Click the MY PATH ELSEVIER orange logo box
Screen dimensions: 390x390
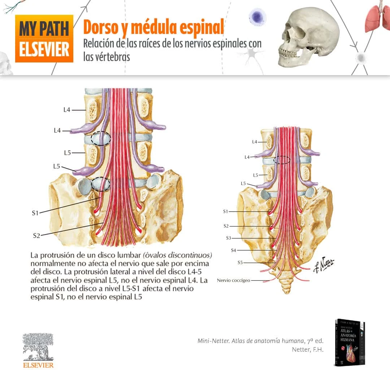click(x=44, y=39)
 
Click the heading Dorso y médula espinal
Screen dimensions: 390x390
click(x=153, y=27)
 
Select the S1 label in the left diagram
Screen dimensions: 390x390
click(x=35, y=213)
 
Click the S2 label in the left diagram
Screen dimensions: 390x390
click(x=36, y=236)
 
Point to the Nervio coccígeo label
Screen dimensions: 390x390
click(x=233, y=280)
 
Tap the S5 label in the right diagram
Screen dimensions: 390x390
click(x=240, y=263)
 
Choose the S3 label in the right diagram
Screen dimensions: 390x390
click(x=228, y=238)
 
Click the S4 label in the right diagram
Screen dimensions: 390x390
click(x=234, y=250)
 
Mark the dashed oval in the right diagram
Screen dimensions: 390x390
click(x=282, y=160)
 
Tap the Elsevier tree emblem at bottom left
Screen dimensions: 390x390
click(x=38, y=347)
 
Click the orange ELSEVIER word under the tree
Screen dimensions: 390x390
click(x=38, y=365)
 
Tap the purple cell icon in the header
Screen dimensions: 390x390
click(x=257, y=17)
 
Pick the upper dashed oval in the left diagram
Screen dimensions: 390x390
click(x=101, y=138)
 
